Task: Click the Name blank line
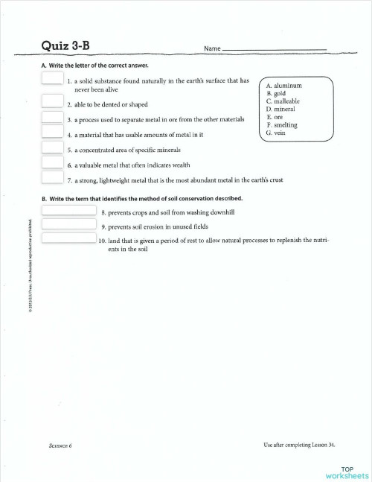(x=275, y=50)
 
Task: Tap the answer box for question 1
(x=52, y=80)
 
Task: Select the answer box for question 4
(x=52, y=132)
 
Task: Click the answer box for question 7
(x=52, y=177)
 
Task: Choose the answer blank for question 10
(x=68, y=238)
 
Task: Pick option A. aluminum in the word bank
(x=283, y=86)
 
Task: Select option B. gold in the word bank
(x=276, y=93)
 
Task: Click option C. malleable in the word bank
(x=283, y=101)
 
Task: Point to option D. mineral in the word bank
(x=281, y=110)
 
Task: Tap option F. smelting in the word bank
(x=282, y=125)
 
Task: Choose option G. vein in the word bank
(x=276, y=133)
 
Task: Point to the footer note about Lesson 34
(x=299, y=445)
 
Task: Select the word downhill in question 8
(x=221, y=212)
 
